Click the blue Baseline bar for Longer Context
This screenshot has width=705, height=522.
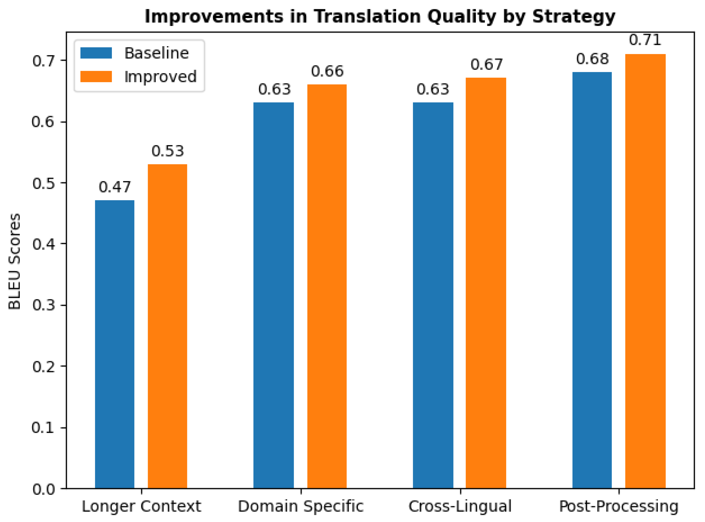115,344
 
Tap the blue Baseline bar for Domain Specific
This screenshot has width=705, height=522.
273,295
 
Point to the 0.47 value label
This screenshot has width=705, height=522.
115,187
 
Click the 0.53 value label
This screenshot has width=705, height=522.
167,151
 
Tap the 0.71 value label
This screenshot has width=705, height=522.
645,40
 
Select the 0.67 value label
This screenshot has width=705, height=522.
486,64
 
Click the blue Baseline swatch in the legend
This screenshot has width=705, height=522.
96,53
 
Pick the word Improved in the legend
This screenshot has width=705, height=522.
160,77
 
